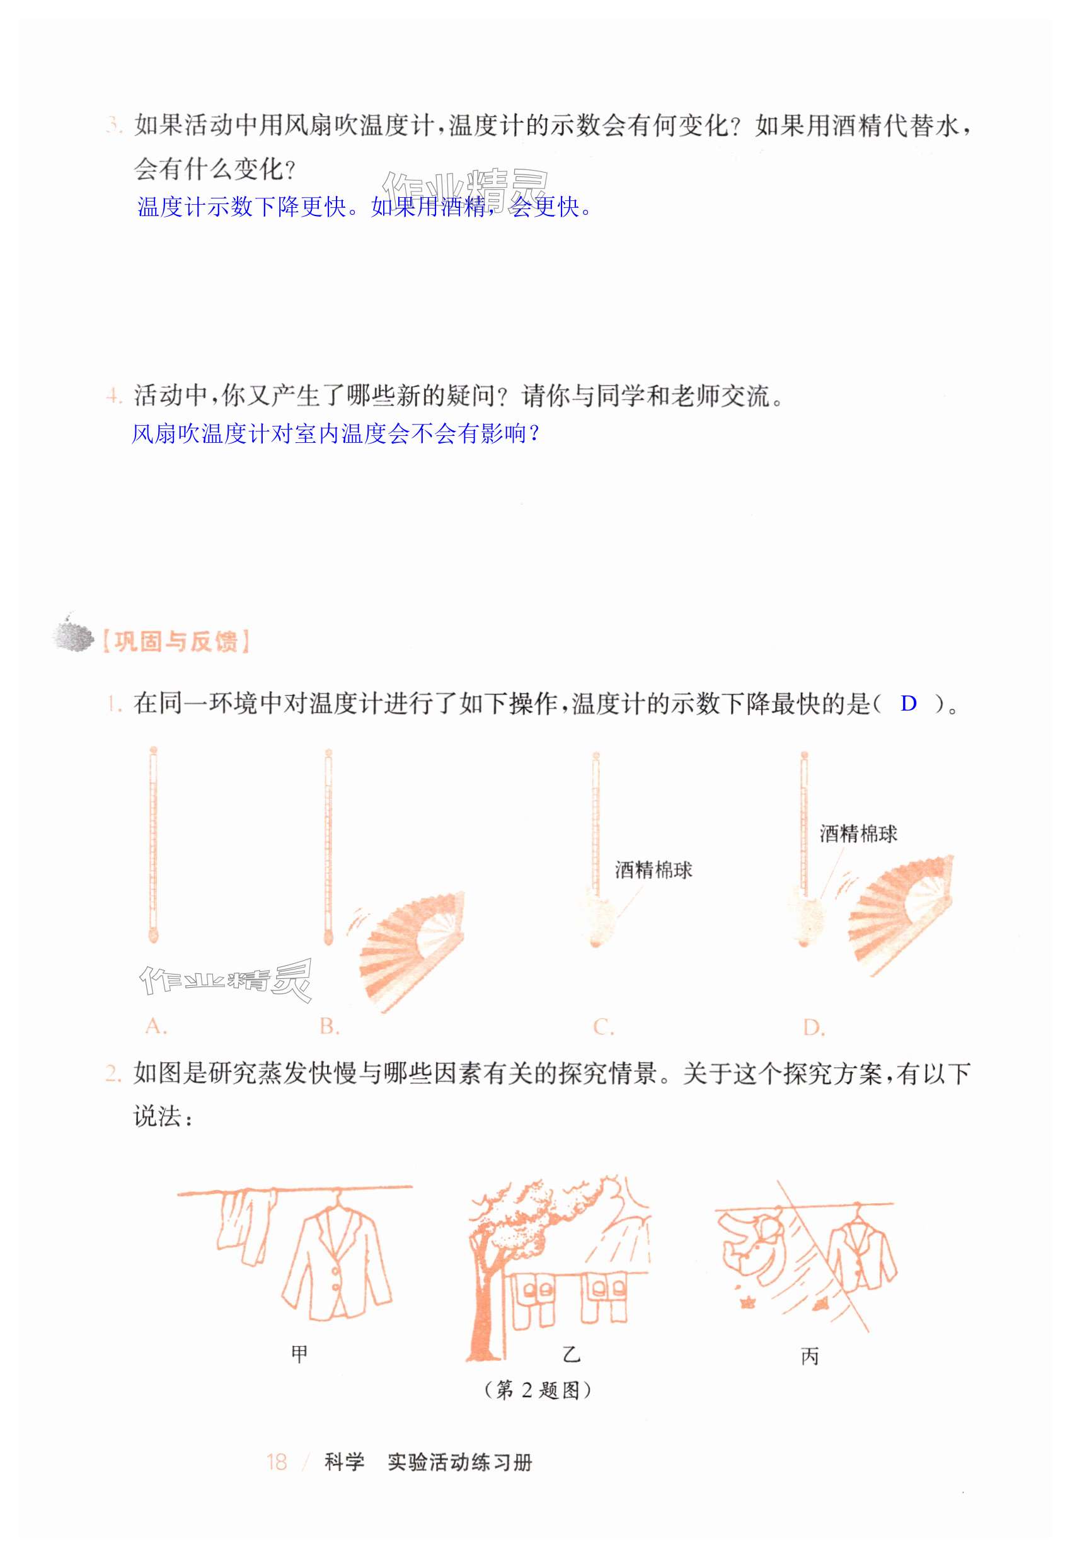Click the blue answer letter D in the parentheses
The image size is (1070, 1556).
(x=909, y=703)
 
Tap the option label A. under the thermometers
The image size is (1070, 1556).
(x=156, y=1026)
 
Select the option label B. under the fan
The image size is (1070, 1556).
(x=329, y=1026)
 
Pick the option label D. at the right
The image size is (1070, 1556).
(x=814, y=1027)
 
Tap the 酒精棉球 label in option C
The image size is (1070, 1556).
(x=653, y=870)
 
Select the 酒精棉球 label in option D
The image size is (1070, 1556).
(x=858, y=833)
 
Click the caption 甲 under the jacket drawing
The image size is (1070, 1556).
(x=299, y=1354)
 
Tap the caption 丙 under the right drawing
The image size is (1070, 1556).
(x=810, y=1357)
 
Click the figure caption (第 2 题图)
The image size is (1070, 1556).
(x=538, y=1390)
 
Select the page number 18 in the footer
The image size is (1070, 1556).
(x=276, y=1462)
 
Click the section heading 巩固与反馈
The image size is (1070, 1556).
(x=176, y=641)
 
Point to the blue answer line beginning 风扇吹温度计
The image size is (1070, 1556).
(x=335, y=434)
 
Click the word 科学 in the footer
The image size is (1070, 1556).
(x=345, y=1462)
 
